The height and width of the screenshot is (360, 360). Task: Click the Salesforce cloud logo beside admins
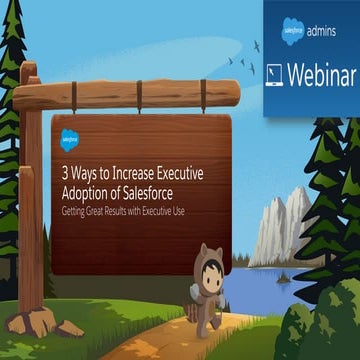click(291, 31)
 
